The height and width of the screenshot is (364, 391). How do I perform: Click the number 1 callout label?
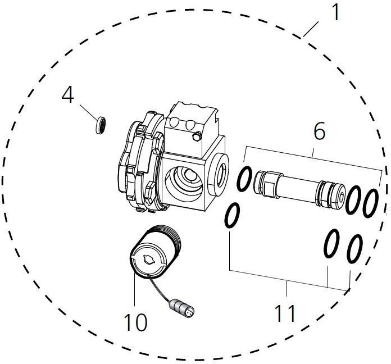(335, 12)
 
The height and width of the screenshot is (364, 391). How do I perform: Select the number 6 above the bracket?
(319, 131)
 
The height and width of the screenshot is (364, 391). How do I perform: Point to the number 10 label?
(135, 322)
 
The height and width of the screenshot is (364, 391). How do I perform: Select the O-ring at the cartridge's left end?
(244, 179)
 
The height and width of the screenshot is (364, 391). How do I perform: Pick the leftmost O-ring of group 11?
(233, 215)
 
